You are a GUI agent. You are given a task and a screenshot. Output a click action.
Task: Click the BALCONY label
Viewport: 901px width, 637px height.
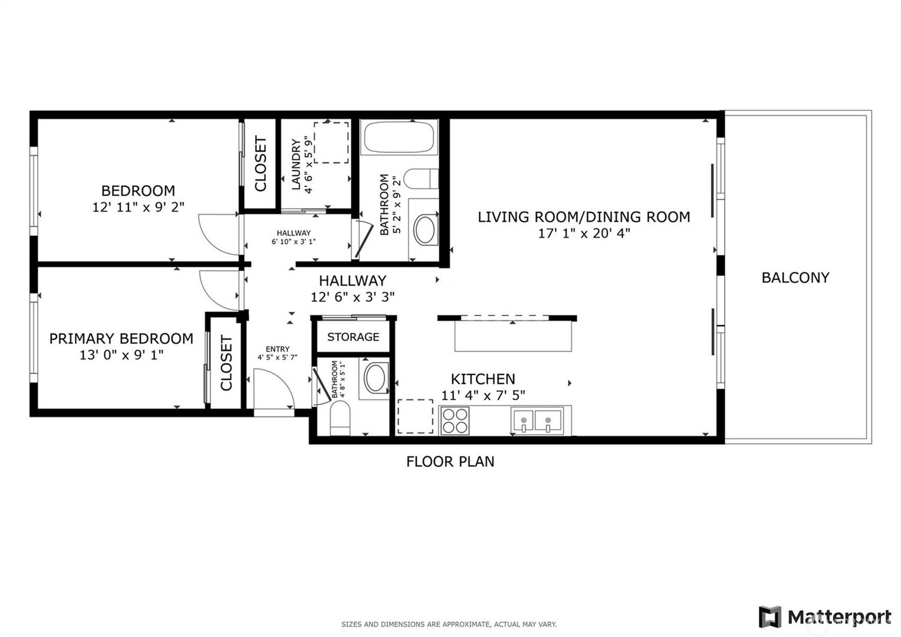pos(795,277)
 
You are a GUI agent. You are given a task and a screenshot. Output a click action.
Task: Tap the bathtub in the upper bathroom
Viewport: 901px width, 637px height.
pos(399,137)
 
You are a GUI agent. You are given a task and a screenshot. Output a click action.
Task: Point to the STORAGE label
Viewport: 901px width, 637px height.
pos(353,337)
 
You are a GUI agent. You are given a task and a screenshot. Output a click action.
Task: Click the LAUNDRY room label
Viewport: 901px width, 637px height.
pos(297,163)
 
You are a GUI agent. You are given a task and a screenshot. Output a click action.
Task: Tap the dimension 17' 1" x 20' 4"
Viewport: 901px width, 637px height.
pos(584,233)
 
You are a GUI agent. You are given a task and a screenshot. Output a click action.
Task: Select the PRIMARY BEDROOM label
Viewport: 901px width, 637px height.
pos(121,339)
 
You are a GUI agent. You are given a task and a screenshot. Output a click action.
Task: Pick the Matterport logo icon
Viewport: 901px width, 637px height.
pos(770,617)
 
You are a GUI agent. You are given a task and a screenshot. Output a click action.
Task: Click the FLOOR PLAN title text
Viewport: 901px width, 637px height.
pos(450,461)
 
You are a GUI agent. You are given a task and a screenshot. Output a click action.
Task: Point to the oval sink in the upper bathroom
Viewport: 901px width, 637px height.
pos(425,230)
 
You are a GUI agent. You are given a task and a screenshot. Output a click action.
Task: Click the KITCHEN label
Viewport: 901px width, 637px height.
pos(483,379)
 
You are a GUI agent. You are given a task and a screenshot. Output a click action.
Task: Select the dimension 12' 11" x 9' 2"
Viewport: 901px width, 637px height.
pos(138,207)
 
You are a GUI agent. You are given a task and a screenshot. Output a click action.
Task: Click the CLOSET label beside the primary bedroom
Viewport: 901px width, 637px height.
pos(226,363)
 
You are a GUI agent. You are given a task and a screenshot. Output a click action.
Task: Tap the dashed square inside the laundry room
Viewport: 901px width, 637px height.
pos(331,143)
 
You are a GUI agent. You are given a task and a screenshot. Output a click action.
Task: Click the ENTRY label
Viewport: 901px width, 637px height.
pos(277,349)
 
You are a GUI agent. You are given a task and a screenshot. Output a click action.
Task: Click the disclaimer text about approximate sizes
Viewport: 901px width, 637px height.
pos(449,624)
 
